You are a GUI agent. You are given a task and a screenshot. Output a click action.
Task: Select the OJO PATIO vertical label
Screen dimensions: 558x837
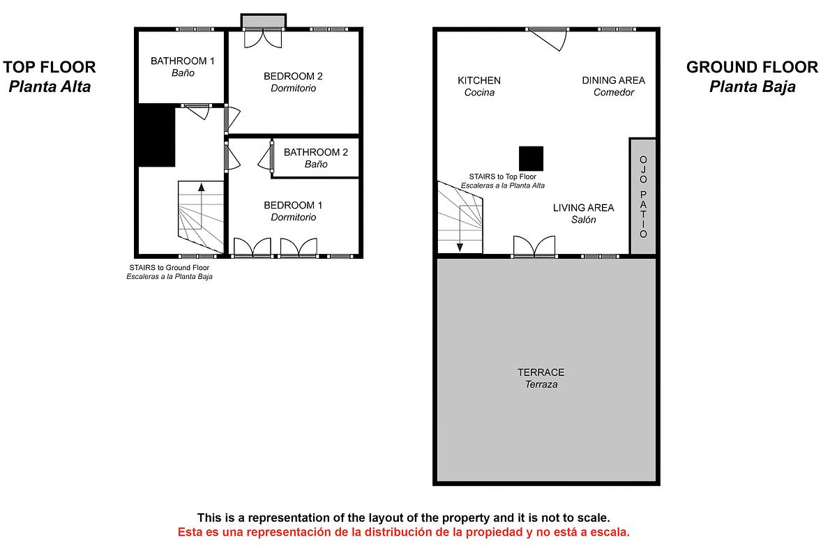click(643, 197)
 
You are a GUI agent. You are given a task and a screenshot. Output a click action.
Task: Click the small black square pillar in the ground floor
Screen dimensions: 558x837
click(531, 158)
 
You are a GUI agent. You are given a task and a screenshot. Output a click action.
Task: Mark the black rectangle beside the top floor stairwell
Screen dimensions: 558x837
click(156, 136)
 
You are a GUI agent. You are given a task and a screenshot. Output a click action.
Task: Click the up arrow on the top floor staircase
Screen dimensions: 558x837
click(202, 187)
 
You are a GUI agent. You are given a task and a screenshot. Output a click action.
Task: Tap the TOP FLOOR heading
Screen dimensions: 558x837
click(50, 67)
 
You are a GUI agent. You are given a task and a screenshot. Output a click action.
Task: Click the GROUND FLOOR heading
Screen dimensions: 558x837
click(752, 67)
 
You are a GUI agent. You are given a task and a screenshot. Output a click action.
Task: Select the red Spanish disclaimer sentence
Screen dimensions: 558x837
click(403, 532)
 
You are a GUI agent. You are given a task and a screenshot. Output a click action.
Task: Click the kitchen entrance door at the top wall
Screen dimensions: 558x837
click(548, 38)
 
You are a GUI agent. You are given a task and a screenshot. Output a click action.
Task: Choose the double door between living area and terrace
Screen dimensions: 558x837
click(535, 247)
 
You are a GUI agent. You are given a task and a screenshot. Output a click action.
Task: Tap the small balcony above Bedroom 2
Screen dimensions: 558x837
click(263, 22)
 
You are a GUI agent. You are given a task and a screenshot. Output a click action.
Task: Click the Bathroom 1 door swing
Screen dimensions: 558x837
click(197, 111)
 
